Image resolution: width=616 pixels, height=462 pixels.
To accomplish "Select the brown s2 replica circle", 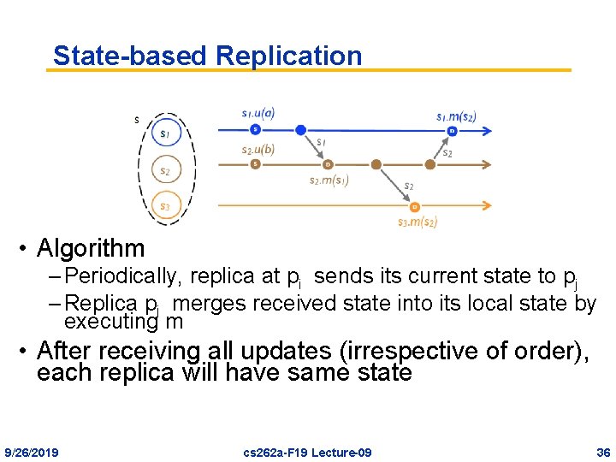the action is click(166, 170).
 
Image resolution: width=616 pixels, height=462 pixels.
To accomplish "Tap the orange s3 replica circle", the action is click(166, 206).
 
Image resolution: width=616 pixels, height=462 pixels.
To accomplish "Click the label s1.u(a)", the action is click(258, 112).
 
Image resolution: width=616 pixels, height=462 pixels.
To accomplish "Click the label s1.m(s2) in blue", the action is click(456, 115).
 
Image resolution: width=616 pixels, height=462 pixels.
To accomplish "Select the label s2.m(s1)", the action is click(329, 180).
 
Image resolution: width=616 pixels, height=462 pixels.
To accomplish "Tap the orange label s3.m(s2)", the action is click(418, 222).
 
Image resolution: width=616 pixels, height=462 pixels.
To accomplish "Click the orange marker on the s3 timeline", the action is click(414, 206).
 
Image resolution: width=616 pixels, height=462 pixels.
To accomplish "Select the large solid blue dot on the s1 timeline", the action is click(300, 130).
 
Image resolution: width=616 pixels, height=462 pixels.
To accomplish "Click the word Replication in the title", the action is click(288, 56).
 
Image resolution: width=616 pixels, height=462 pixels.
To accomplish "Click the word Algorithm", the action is click(92, 249).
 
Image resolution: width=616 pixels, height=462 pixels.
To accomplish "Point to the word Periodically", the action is click(123, 276).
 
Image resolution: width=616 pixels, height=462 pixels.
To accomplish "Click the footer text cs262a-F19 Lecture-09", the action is click(307, 452).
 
